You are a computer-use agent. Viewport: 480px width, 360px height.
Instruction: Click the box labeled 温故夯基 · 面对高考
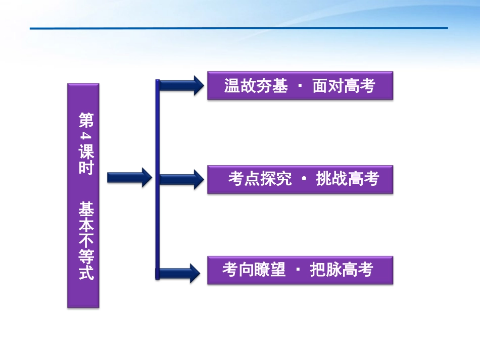click(x=300, y=85)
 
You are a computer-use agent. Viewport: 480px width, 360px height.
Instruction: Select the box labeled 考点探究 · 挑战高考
click(x=300, y=179)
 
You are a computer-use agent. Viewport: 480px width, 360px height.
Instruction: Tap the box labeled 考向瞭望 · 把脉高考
click(x=300, y=270)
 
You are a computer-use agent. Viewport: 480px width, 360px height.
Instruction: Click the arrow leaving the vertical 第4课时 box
click(x=129, y=177)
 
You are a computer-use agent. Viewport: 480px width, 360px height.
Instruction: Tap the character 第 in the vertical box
click(x=84, y=120)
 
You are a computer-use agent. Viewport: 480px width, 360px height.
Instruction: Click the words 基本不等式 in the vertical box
click(x=84, y=241)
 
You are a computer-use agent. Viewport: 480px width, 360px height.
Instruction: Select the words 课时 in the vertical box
click(x=84, y=160)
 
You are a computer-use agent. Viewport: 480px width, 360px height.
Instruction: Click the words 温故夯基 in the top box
click(x=256, y=86)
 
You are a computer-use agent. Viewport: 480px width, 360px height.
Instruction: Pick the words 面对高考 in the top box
click(x=344, y=86)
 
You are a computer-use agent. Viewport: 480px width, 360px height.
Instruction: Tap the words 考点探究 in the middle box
click(x=260, y=179)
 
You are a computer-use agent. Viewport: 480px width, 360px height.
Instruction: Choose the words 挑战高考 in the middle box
click(x=347, y=179)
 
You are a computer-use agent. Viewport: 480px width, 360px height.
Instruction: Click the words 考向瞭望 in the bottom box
click(x=254, y=270)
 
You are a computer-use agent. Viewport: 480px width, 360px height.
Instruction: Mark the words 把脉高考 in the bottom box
click(x=342, y=270)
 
